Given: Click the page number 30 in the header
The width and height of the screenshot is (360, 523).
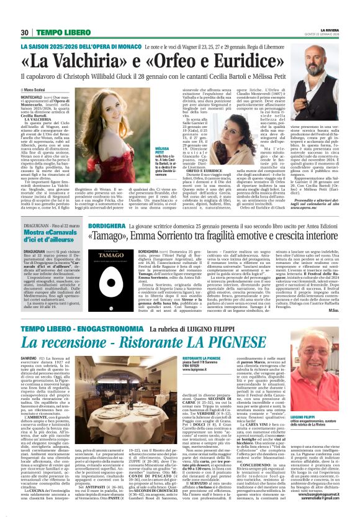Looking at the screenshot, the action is coord(25,32).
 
